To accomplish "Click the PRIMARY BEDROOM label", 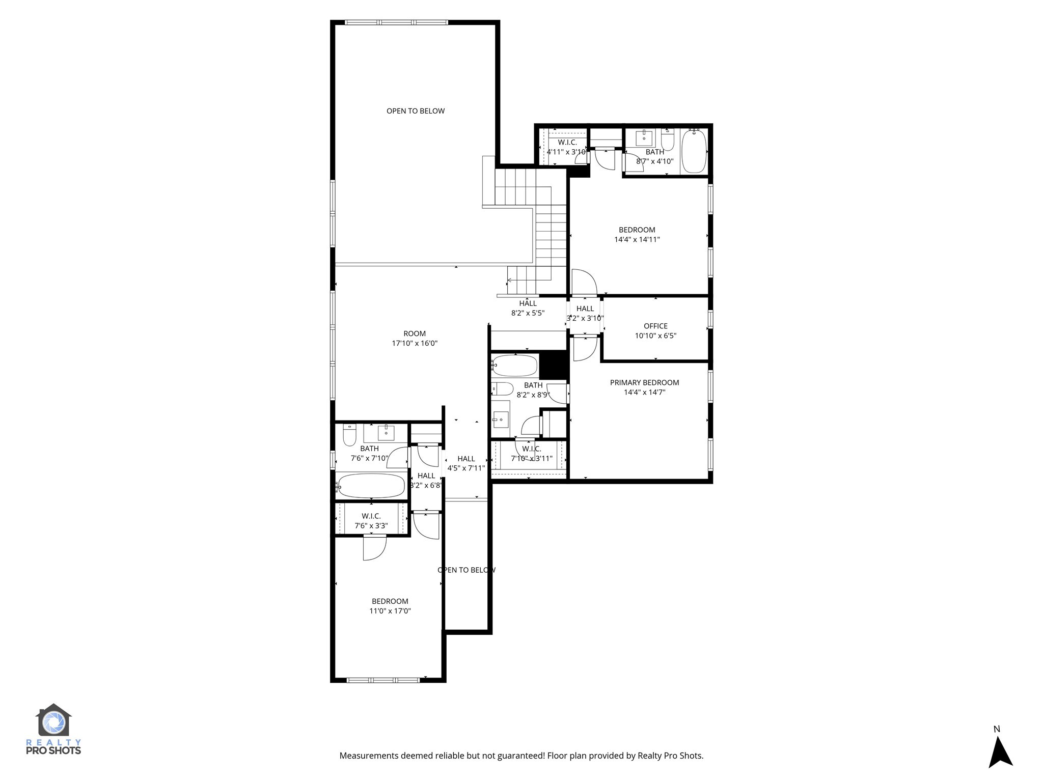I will click(644, 382).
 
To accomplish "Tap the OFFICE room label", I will click(655, 326).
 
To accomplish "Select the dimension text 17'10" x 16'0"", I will click(415, 343).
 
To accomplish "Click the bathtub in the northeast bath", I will click(694, 151).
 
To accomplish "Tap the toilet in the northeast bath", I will click(668, 140).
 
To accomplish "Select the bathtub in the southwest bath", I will click(371, 486).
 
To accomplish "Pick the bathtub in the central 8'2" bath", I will click(515, 366).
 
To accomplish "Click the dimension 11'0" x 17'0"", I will click(390, 611).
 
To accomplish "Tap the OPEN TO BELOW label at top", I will click(416, 111).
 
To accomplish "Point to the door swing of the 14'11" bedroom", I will click(584, 283).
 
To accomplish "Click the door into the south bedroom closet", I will click(374, 548).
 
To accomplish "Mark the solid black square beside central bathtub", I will click(553, 365).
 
